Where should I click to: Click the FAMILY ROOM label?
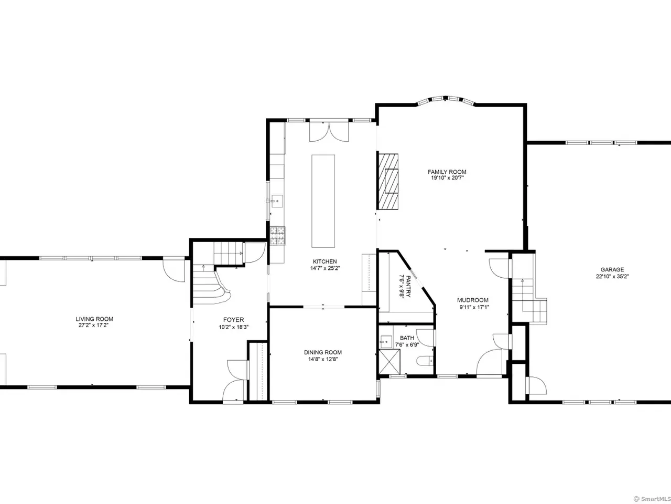click(447, 172)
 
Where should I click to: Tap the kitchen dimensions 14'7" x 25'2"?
click(325, 268)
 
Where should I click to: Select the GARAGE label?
click(612, 270)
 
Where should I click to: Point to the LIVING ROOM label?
click(94, 319)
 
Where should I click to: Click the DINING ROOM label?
click(323, 352)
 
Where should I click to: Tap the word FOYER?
click(234, 320)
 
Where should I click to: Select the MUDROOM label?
click(473, 300)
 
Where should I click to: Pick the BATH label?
click(407, 338)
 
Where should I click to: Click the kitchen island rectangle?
click(323, 201)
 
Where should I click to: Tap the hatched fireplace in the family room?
click(388, 182)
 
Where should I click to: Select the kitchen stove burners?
click(277, 236)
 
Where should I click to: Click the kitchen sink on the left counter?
click(277, 202)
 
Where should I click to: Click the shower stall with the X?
click(389, 361)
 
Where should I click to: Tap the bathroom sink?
click(386, 341)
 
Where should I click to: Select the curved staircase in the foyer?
click(211, 284)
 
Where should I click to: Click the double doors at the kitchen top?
click(329, 132)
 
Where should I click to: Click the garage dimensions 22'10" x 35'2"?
click(612, 276)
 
